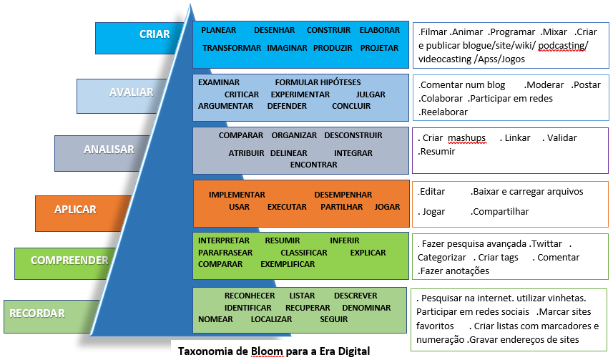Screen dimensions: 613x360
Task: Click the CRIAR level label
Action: coord(155,34)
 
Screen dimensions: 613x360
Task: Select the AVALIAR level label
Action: coord(132,92)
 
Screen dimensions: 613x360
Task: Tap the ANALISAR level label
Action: coord(109,150)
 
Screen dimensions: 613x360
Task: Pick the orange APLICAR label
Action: coord(75,210)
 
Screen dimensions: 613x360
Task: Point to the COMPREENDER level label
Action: coord(69,261)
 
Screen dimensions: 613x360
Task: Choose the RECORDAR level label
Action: coord(37,313)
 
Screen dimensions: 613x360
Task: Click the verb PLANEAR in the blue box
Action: coord(219,30)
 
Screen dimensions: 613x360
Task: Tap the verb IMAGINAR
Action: coord(287,48)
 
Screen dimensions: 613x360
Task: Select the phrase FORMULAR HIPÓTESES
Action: coord(318,82)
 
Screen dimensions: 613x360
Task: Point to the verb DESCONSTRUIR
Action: coord(353,135)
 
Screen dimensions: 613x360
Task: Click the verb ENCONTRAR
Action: coord(313,165)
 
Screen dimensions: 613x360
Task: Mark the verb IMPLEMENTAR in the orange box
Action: coord(237,195)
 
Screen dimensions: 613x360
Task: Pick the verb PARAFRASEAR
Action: coord(225,253)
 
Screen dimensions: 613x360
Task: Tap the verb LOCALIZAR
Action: coord(271,319)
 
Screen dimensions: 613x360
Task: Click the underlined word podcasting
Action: coord(561,46)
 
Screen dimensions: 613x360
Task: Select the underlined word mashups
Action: coord(467,138)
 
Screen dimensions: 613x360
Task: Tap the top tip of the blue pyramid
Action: coord(190,4)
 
